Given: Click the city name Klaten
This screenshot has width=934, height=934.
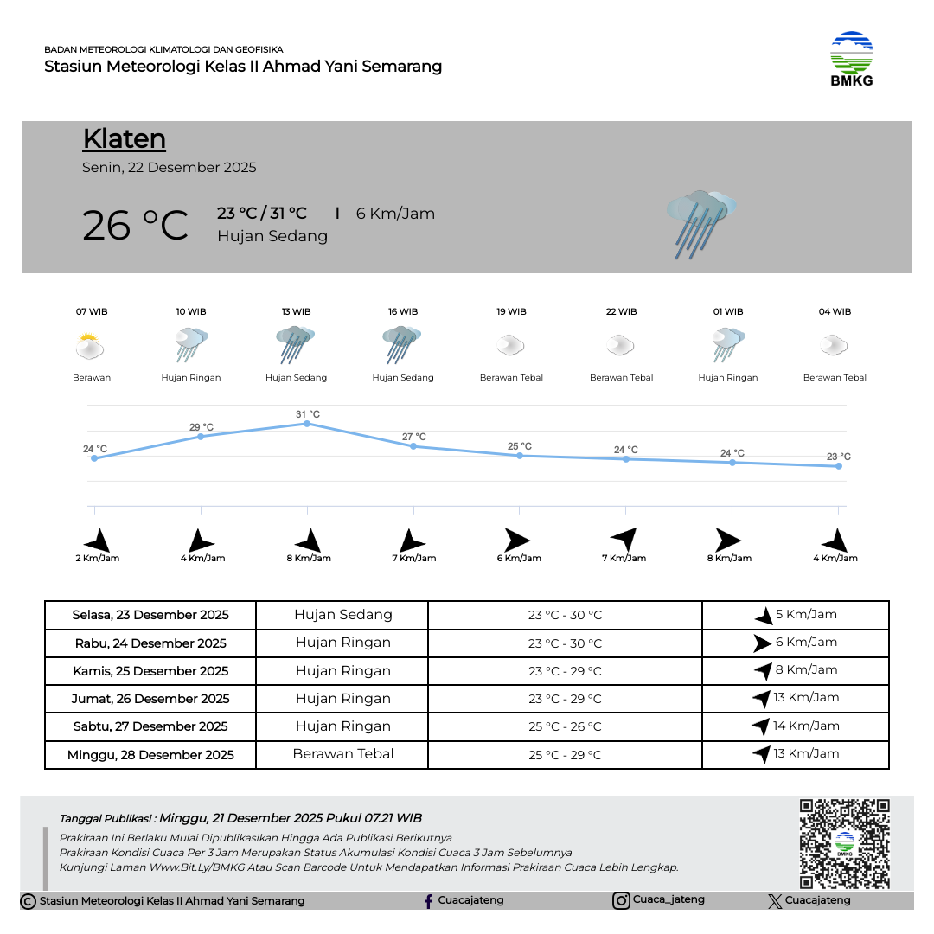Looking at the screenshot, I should click(x=125, y=139).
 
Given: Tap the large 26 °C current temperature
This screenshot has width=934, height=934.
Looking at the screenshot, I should click(x=135, y=226).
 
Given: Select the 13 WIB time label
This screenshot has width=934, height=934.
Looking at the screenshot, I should click(x=296, y=312).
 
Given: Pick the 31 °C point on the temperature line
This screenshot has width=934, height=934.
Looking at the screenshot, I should click(x=307, y=424).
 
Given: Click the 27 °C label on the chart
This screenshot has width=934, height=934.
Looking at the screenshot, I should click(x=414, y=437).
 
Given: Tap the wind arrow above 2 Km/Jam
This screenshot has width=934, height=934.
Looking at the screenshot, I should click(x=98, y=541).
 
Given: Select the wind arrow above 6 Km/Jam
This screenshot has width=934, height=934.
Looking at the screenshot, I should click(x=517, y=541).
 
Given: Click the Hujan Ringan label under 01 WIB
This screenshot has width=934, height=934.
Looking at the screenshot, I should click(x=728, y=378).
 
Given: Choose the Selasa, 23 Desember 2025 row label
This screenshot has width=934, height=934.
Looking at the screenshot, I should click(x=150, y=615).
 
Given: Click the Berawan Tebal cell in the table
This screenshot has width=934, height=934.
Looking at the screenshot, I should click(x=343, y=754).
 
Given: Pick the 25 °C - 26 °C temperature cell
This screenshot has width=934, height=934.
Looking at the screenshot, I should click(x=565, y=726).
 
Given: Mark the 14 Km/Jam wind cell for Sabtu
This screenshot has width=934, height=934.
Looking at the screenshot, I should click(x=796, y=726).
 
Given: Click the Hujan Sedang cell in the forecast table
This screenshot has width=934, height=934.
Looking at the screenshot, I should click(x=343, y=615).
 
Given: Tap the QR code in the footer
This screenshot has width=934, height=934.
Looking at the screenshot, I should click(x=844, y=843).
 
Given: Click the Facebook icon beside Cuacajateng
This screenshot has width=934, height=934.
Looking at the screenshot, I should click(x=428, y=901).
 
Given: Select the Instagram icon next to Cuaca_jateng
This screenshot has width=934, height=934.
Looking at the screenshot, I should click(x=621, y=901).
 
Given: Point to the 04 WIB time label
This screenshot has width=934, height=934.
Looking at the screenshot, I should click(x=835, y=312).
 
